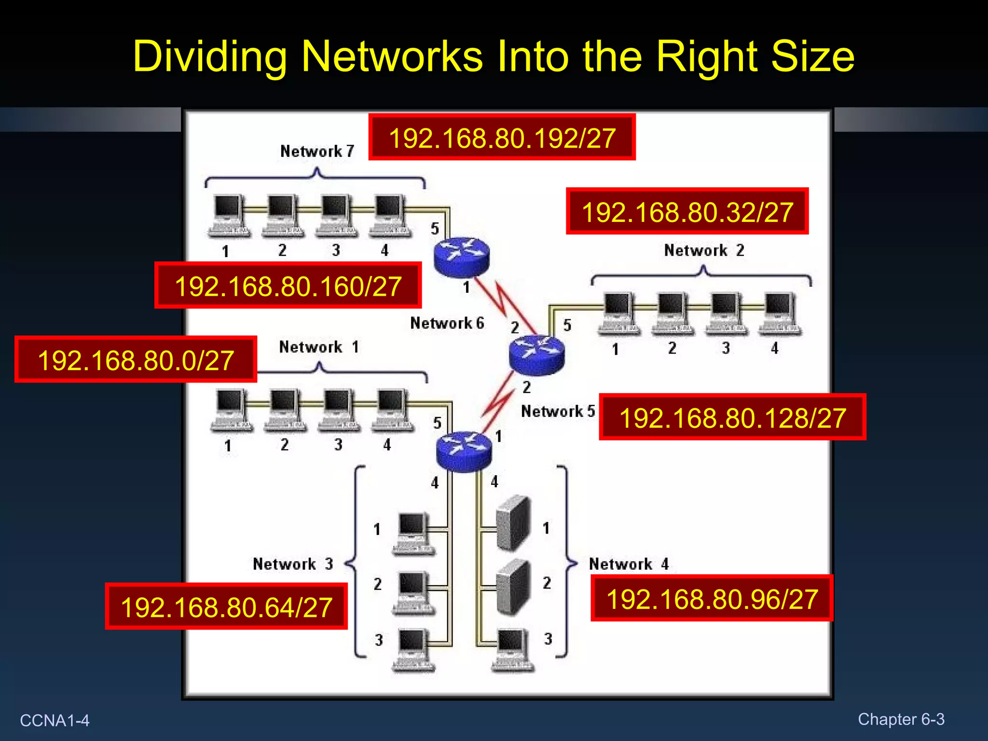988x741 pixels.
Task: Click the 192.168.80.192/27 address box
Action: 502,137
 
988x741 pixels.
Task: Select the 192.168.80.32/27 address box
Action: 687,211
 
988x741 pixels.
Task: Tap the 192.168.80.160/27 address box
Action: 288,286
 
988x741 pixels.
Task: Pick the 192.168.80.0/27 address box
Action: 136,360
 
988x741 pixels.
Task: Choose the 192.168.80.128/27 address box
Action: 732,417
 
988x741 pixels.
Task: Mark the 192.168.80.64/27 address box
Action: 226,606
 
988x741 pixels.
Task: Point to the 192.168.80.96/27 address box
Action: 712,599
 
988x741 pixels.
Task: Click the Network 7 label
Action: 317,151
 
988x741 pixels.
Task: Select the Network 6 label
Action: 447,323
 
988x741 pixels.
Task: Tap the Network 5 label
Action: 558,411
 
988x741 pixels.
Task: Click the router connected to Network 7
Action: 462,257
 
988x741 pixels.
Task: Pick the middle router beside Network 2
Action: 536,355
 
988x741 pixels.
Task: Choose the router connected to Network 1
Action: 464,452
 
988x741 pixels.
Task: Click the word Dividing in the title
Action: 210,56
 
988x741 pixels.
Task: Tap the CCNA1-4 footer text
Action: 55,720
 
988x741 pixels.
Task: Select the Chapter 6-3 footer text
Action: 901,719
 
